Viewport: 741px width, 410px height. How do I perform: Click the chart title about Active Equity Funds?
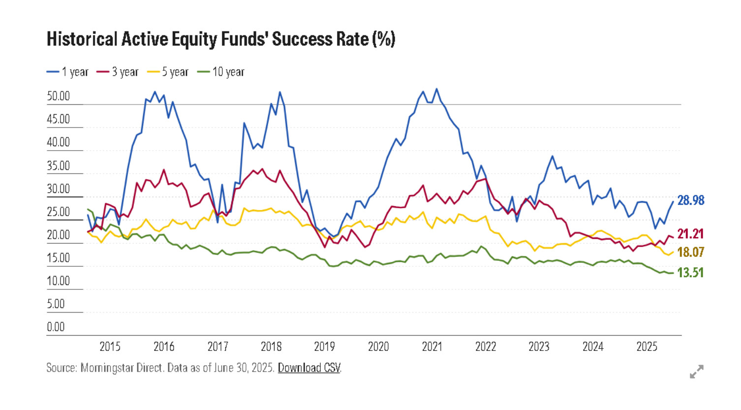tap(221, 39)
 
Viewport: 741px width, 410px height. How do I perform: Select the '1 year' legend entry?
tap(68, 72)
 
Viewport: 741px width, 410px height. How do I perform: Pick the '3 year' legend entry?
tap(118, 72)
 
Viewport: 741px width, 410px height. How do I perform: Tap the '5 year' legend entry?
tap(168, 72)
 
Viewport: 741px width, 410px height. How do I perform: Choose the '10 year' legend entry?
tap(221, 72)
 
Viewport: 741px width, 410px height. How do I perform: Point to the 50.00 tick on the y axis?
tap(59, 96)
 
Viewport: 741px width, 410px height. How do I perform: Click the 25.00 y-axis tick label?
tap(59, 212)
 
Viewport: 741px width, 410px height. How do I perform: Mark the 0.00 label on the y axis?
tap(56, 327)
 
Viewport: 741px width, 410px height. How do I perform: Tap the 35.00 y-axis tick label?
tap(59, 165)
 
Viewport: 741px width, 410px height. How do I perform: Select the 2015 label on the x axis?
tap(110, 347)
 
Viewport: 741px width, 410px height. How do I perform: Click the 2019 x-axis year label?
tap(324, 347)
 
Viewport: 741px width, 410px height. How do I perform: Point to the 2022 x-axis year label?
tap(486, 347)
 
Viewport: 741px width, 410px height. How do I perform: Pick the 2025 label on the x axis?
tap(647, 347)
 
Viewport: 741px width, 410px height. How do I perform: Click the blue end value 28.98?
tap(691, 200)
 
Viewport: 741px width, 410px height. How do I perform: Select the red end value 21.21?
tap(690, 234)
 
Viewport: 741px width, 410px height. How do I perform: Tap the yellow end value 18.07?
tap(690, 252)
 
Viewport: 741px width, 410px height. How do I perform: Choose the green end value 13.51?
tap(690, 273)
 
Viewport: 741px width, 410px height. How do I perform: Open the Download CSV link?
tap(309, 368)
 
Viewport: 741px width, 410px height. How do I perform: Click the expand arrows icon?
tap(696, 372)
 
